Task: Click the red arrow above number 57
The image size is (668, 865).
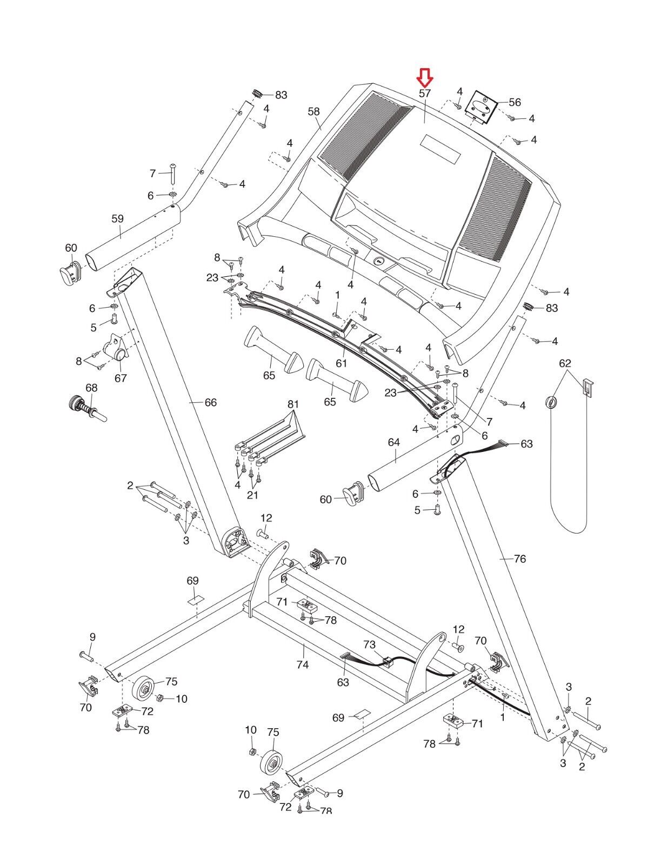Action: (425, 78)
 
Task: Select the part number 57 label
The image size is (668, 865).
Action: (425, 93)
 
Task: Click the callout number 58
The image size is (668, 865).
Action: (313, 112)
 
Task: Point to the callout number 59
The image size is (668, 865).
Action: (117, 219)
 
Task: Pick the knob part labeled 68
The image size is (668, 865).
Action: (84, 406)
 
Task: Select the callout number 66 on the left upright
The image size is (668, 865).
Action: (210, 402)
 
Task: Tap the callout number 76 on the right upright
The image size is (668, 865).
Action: (519, 558)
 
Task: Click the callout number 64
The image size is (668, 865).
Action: (393, 443)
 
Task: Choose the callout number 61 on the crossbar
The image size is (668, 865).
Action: (341, 363)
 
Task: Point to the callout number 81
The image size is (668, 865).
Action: (293, 404)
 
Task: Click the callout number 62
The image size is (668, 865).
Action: (565, 363)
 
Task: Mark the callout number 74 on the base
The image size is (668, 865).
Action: (302, 664)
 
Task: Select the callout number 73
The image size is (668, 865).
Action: (369, 644)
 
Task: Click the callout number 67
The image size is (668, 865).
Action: (121, 378)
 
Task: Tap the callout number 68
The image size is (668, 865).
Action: (91, 388)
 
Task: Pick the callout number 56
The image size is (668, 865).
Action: (515, 102)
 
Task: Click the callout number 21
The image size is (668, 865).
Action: (252, 495)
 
